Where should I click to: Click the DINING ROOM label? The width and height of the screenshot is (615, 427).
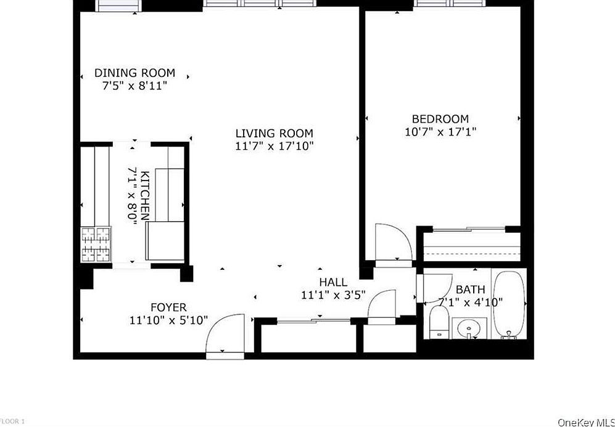tap(134, 73)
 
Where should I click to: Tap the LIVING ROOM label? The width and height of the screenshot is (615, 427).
tap(274, 133)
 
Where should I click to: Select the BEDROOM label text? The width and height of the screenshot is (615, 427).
tap(440, 119)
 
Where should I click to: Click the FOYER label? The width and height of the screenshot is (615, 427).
tap(168, 307)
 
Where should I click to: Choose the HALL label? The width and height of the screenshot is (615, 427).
tap(332, 282)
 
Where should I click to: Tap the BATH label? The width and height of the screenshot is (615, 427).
tap(470, 290)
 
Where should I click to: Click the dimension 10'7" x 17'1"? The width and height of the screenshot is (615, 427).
tap(440, 131)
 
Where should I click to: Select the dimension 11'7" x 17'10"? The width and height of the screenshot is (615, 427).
tap(274, 146)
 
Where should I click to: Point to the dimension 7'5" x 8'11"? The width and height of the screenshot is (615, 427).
tap(134, 86)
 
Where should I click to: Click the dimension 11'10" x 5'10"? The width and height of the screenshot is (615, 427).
tap(168, 320)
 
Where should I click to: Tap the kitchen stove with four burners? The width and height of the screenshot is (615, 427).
tap(96, 246)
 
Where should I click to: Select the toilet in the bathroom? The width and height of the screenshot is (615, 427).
tap(439, 323)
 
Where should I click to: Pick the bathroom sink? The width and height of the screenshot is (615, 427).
tap(469, 329)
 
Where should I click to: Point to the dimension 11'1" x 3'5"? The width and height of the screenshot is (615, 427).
tap(333, 295)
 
